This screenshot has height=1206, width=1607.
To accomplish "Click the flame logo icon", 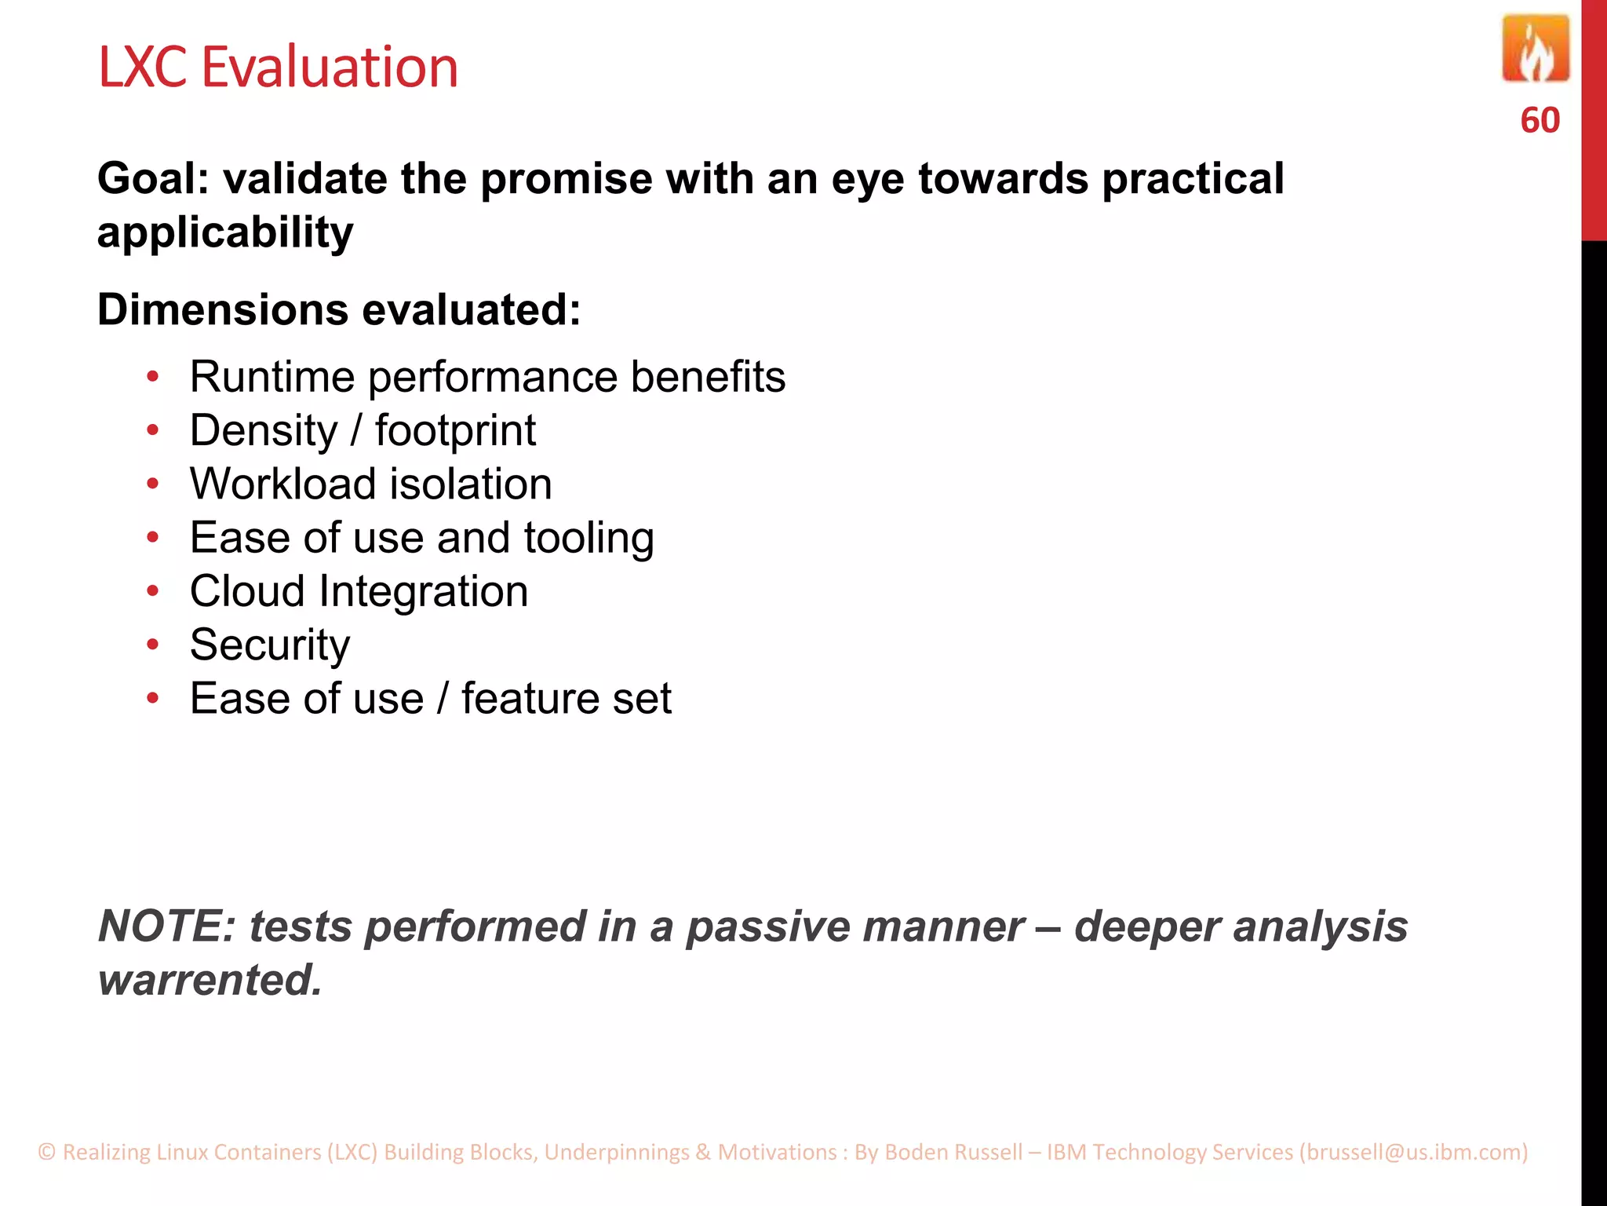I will (1535, 49).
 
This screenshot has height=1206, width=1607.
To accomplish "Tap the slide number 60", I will (1540, 121).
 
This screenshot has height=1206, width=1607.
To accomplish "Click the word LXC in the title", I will (143, 68).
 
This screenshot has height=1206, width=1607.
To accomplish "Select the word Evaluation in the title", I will (330, 68).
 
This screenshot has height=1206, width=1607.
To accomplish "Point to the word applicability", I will (225, 233).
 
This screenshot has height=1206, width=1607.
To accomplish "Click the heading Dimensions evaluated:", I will (339, 309).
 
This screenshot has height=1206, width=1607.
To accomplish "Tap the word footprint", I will (455, 431).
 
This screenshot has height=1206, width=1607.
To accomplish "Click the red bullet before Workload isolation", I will (153, 484).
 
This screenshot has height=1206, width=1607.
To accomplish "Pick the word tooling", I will (589, 539).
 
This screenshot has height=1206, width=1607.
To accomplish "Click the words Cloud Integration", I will (359, 591).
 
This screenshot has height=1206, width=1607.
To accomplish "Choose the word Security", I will (270, 645).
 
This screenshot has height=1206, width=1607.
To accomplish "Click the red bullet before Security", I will (153, 645).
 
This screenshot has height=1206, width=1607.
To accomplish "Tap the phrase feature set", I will (566, 699).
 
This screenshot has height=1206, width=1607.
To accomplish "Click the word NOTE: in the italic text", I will (166, 926).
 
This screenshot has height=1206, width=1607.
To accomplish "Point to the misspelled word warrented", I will (210, 980).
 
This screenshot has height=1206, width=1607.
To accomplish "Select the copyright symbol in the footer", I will (47, 1152).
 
